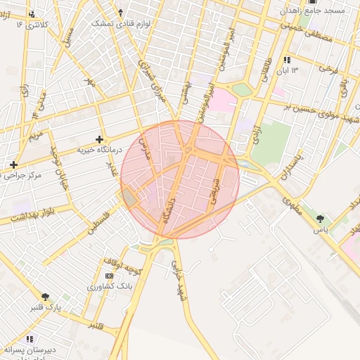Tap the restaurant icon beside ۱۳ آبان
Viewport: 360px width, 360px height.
[287, 60]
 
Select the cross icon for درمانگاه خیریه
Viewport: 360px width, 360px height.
[99, 139]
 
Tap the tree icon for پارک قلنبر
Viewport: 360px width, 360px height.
[46, 297]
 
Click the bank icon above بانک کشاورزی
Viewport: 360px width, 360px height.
[108, 276]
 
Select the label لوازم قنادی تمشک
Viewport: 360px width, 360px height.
[121, 23]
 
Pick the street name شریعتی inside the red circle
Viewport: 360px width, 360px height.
[213, 189]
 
